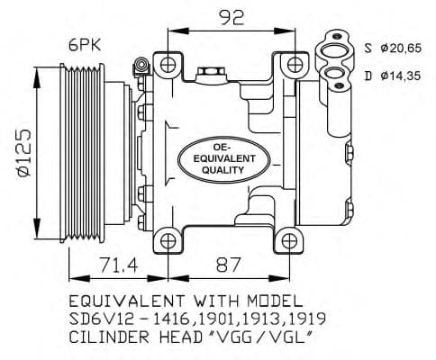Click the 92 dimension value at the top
click(x=232, y=18)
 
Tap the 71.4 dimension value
click(x=119, y=265)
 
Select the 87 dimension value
click(x=229, y=265)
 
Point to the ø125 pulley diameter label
click(x=24, y=152)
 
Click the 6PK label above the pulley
click(x=85, y=46)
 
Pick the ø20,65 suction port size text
click(x=401, y=48)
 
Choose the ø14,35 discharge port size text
click(x=401, y=76)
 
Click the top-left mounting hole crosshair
click(x=168, y=65)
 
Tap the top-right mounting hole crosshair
click(x=295, y=65)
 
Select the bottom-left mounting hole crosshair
click(x=168, y=241)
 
